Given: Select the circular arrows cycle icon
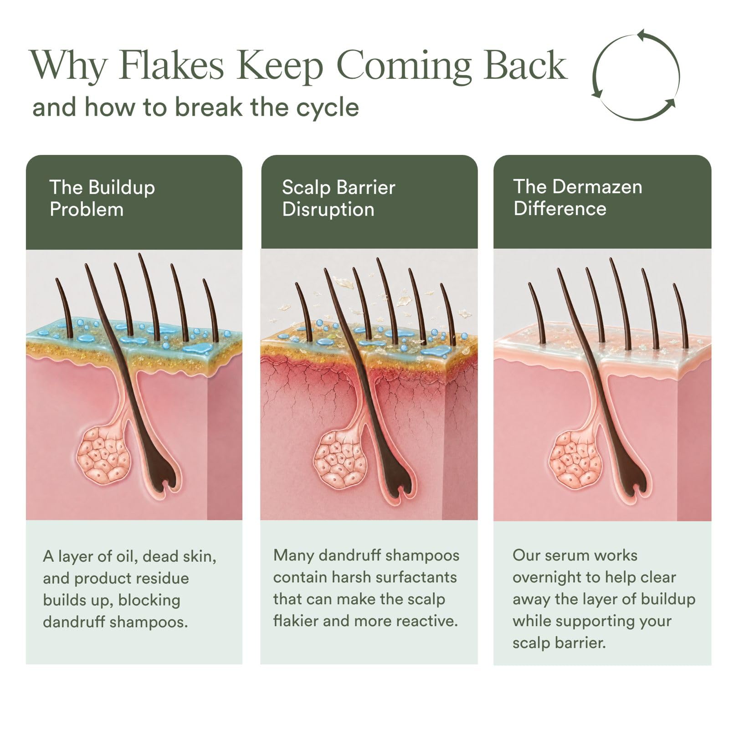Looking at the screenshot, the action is [636, 75].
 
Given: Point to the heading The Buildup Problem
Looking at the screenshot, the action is [103, 198].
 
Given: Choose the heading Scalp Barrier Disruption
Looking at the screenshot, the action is [339, 198].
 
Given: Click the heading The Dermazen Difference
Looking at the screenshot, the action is [578, 197].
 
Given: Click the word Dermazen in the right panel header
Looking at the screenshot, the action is [600, 187].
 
